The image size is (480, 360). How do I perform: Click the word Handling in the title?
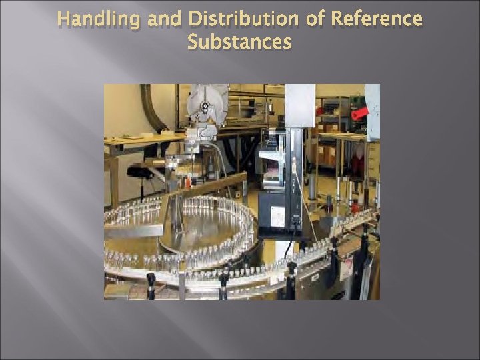pos(99,19)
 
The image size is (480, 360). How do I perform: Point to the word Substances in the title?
pos(239,42)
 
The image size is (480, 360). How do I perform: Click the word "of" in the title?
pos(315,19)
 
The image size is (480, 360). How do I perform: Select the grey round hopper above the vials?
pos(207,103)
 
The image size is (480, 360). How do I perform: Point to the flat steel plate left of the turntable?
pos(133,231)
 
